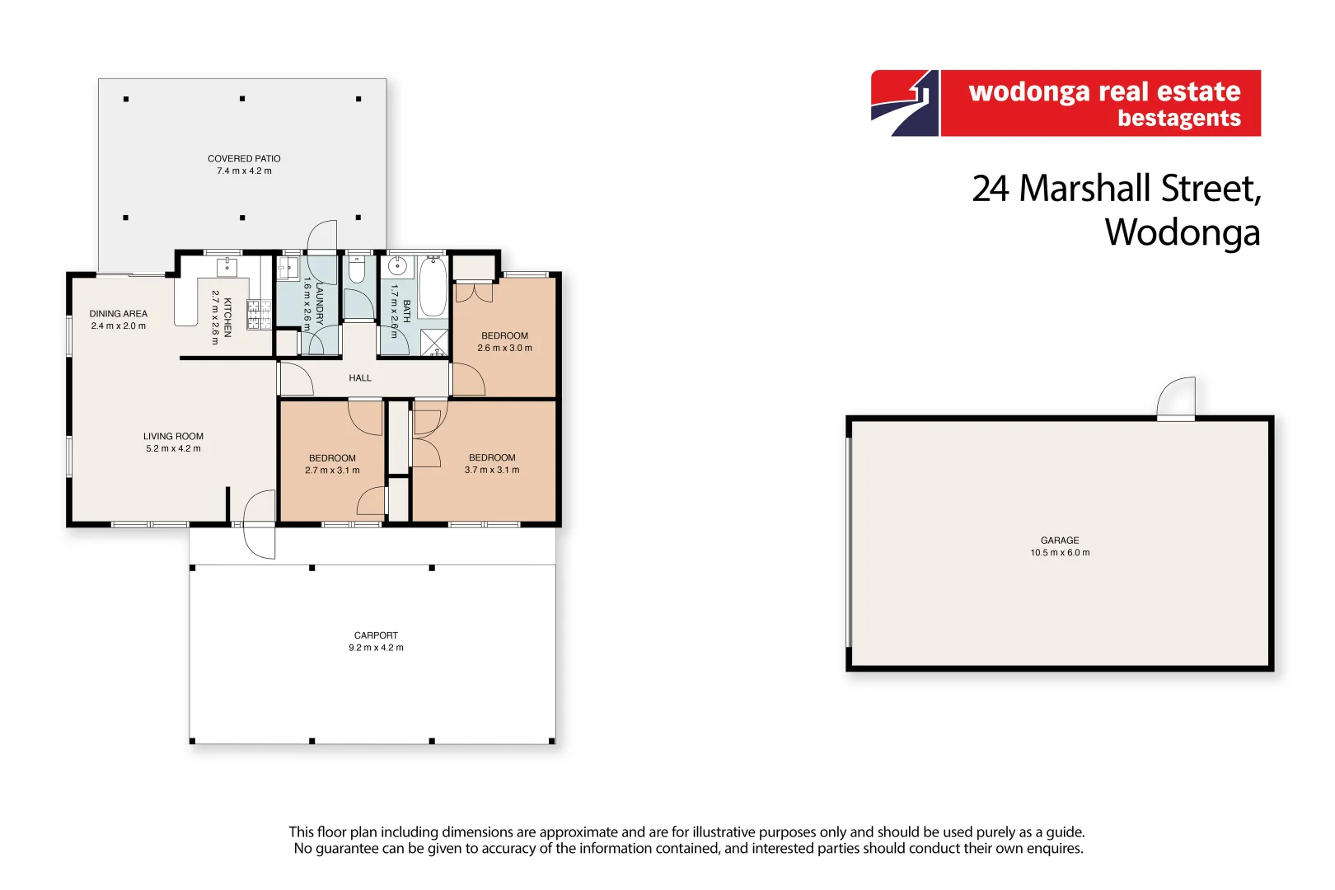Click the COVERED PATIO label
[244, 158]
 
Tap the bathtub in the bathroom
[433, 287]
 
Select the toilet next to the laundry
[357, 269]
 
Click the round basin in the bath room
[397, 267]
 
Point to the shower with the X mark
[434, 342]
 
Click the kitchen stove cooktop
[259, 315]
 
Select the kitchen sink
[227, 267]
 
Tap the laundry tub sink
[288, 268]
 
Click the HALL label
[360, 378]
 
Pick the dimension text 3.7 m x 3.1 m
[492, 470]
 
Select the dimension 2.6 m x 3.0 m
[504, 348]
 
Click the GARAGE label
[1060, 541]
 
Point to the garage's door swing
[1177, 399]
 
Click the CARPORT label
[376, 635]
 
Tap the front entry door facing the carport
[260, 524]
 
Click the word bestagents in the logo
[1178, 119]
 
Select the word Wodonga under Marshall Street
[1182, 232]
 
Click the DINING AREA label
[119, 314]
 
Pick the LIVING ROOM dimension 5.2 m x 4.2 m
[173, 449]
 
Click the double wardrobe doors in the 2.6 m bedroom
[474, 292]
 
